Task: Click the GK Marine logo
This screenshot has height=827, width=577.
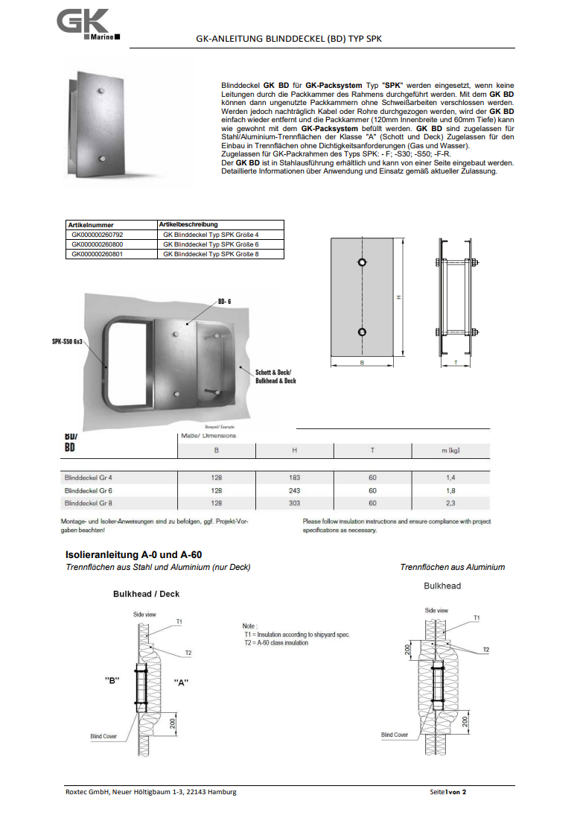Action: pyautogui.click(x=86, y=25)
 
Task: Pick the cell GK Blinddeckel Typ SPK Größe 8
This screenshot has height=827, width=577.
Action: pyautogui.click(x=211, y=254)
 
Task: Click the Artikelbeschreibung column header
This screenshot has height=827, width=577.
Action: pyautogui.click(x=188, y=224)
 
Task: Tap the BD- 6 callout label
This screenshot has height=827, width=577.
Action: pyautogui.click(x=226, y=301)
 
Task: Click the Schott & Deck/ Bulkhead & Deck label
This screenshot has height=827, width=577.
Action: pyautogui.click(x=275, y=376)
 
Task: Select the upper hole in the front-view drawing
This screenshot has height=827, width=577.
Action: pyautogui.click(x=361, y=263)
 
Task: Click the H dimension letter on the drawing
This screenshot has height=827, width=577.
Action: pyautogui.click(x=399, y=297)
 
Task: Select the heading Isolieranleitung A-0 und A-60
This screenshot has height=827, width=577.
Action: pyautogui.click(x=134, y=555)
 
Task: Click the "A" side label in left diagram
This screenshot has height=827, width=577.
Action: pyautogui.click(x=180, y=682)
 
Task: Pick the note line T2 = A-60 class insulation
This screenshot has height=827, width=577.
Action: pyautogui.click(x=275, y=643)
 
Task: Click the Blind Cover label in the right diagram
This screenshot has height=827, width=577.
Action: pyautogui.click(x=395, y=735)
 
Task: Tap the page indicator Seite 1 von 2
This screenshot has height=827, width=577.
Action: pyautogui.click(x=448, y=791)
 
